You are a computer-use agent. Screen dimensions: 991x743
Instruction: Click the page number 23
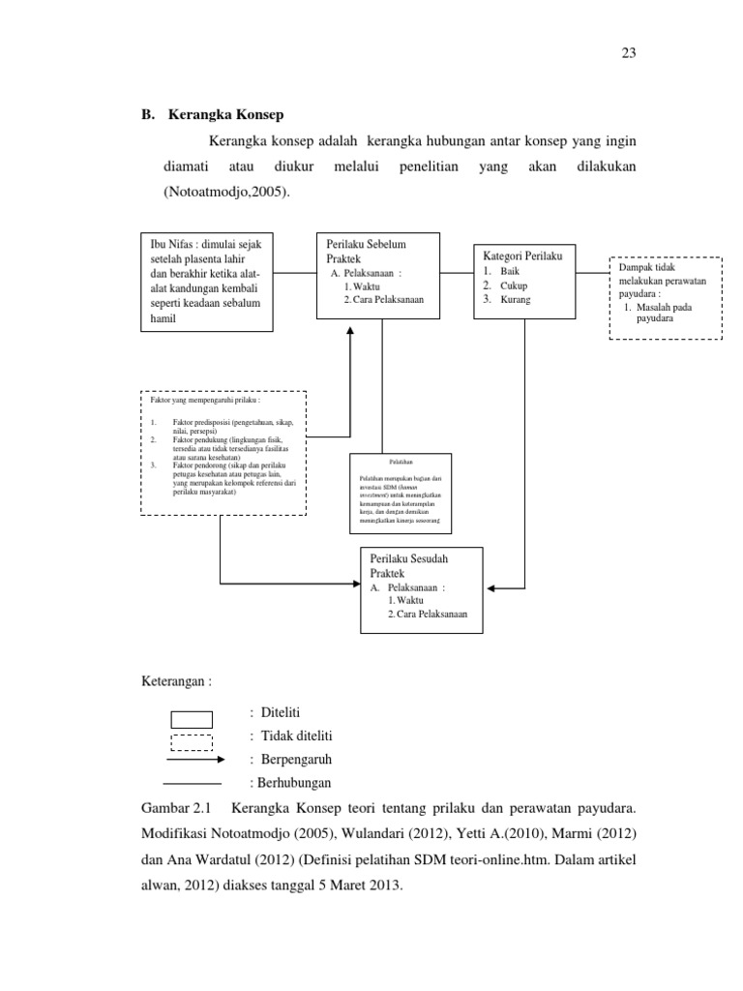[628, 54]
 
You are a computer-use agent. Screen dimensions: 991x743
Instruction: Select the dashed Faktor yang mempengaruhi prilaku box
[223, 453]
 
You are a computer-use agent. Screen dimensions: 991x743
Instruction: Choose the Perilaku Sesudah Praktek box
[420, 589]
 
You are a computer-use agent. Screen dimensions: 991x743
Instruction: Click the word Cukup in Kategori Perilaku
[515, 286]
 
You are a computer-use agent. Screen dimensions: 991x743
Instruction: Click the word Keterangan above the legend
[176, 681]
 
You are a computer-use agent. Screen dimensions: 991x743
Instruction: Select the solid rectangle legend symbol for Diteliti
[192, 719]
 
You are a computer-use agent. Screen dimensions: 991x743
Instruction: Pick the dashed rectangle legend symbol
[192, 742]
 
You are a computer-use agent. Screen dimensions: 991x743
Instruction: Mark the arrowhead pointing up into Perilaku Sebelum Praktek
[350, 330]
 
